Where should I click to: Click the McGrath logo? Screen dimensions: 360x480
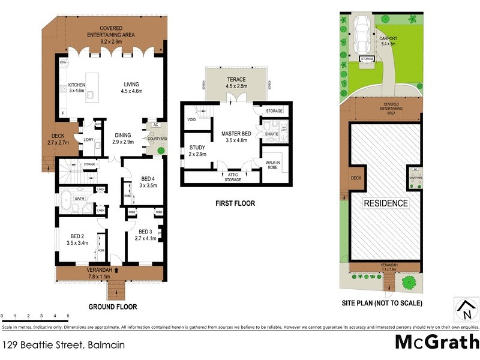click(436, 343)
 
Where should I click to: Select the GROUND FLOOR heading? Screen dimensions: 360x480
click(113, 307)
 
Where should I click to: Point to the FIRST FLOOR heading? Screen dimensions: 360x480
click(235, 203)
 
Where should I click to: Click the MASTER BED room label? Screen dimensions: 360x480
click(235, 133)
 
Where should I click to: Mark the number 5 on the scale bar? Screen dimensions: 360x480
click(68, 316)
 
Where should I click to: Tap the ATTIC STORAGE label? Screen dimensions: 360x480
click(233, 176)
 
